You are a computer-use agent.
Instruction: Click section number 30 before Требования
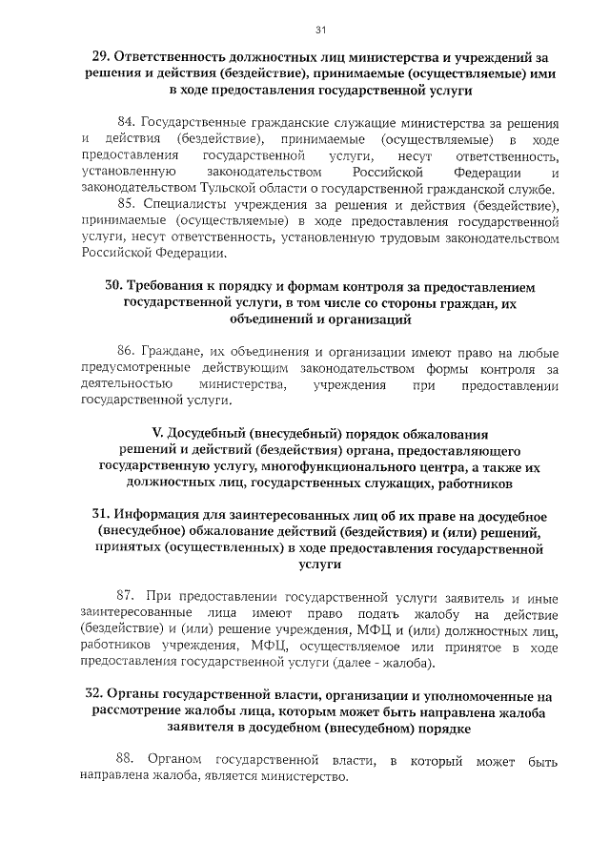[x=114, y=286]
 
